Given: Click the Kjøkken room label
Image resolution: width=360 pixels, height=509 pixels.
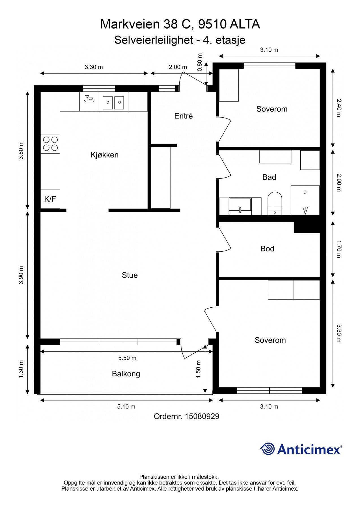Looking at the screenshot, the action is pyautogui.click(x=104, y=155).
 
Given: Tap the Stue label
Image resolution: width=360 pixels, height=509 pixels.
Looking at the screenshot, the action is pyautogui.click(x=130, y=275).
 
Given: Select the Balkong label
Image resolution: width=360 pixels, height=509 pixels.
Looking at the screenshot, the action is pyautogui.click(x=126, y=374).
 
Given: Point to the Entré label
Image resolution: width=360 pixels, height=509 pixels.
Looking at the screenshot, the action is pyautogui.click(x=183, y=116).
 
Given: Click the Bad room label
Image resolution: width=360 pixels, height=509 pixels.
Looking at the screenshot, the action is pyautogui.click(x=269, y=177).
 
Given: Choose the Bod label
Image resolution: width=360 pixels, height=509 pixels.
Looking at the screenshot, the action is pyautogui.click(x=267, y=249).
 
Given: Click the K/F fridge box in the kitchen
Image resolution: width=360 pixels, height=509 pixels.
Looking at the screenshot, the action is pyautogui.click(x=50, y=199).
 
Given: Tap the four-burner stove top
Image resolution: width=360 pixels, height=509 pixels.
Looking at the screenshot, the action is pyautogui.click(x=50, y=144).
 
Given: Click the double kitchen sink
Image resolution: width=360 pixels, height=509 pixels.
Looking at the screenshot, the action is pyautogui.click(x=113, y=102).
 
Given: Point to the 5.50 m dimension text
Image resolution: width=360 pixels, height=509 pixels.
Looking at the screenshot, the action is pyautogui.click(x=127, y=358).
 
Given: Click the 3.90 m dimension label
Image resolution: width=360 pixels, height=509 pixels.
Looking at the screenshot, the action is pyautogui.click(x=21, y=275).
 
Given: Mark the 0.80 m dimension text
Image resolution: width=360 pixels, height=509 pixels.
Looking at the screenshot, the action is pyautogui.click(x=200, y=62).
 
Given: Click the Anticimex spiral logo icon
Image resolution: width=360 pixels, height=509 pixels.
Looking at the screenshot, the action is pyautogui.click(x=268, y=449).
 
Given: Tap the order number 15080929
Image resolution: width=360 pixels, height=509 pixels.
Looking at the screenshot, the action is pyautogui.click(x=202, y=417).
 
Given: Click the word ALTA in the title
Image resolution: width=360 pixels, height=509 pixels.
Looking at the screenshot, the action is pyautogui.click(x=245, y=24).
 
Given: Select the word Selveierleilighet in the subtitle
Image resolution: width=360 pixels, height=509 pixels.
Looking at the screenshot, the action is pyautogui.click(x=154, y=40).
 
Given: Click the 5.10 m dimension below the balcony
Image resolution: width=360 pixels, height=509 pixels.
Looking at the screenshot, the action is pyautogui.click(x=126, y=407).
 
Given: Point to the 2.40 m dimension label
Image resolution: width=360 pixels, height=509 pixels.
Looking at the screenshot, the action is pyautogui.click(x=339, y=108).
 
